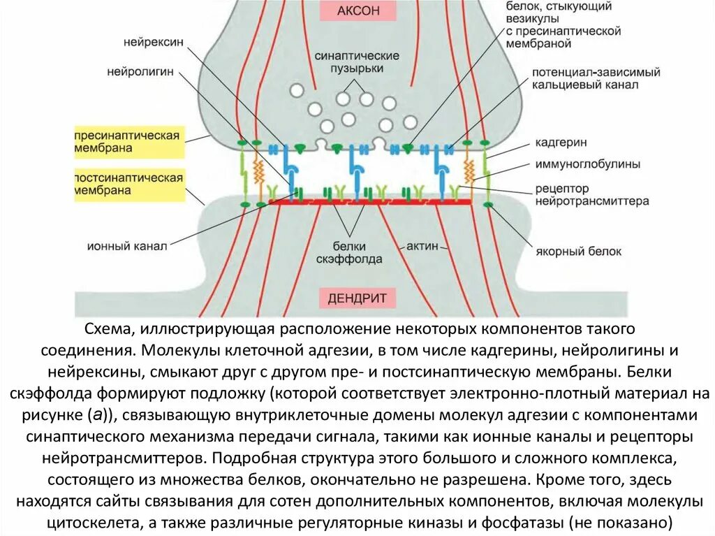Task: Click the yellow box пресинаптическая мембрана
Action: pyautogui.click(x=129, y=141)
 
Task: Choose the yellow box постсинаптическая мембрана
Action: pyautogui.click(x=129, y=184)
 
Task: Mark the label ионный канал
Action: pyautogui.click(x=127, y=247)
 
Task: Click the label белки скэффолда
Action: pyautogui.click(x=357, y=253)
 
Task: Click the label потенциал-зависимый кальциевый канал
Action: pyautogui.click(x=596, y=78)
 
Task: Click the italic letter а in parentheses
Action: pyautogui.click(x=98, y=415)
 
